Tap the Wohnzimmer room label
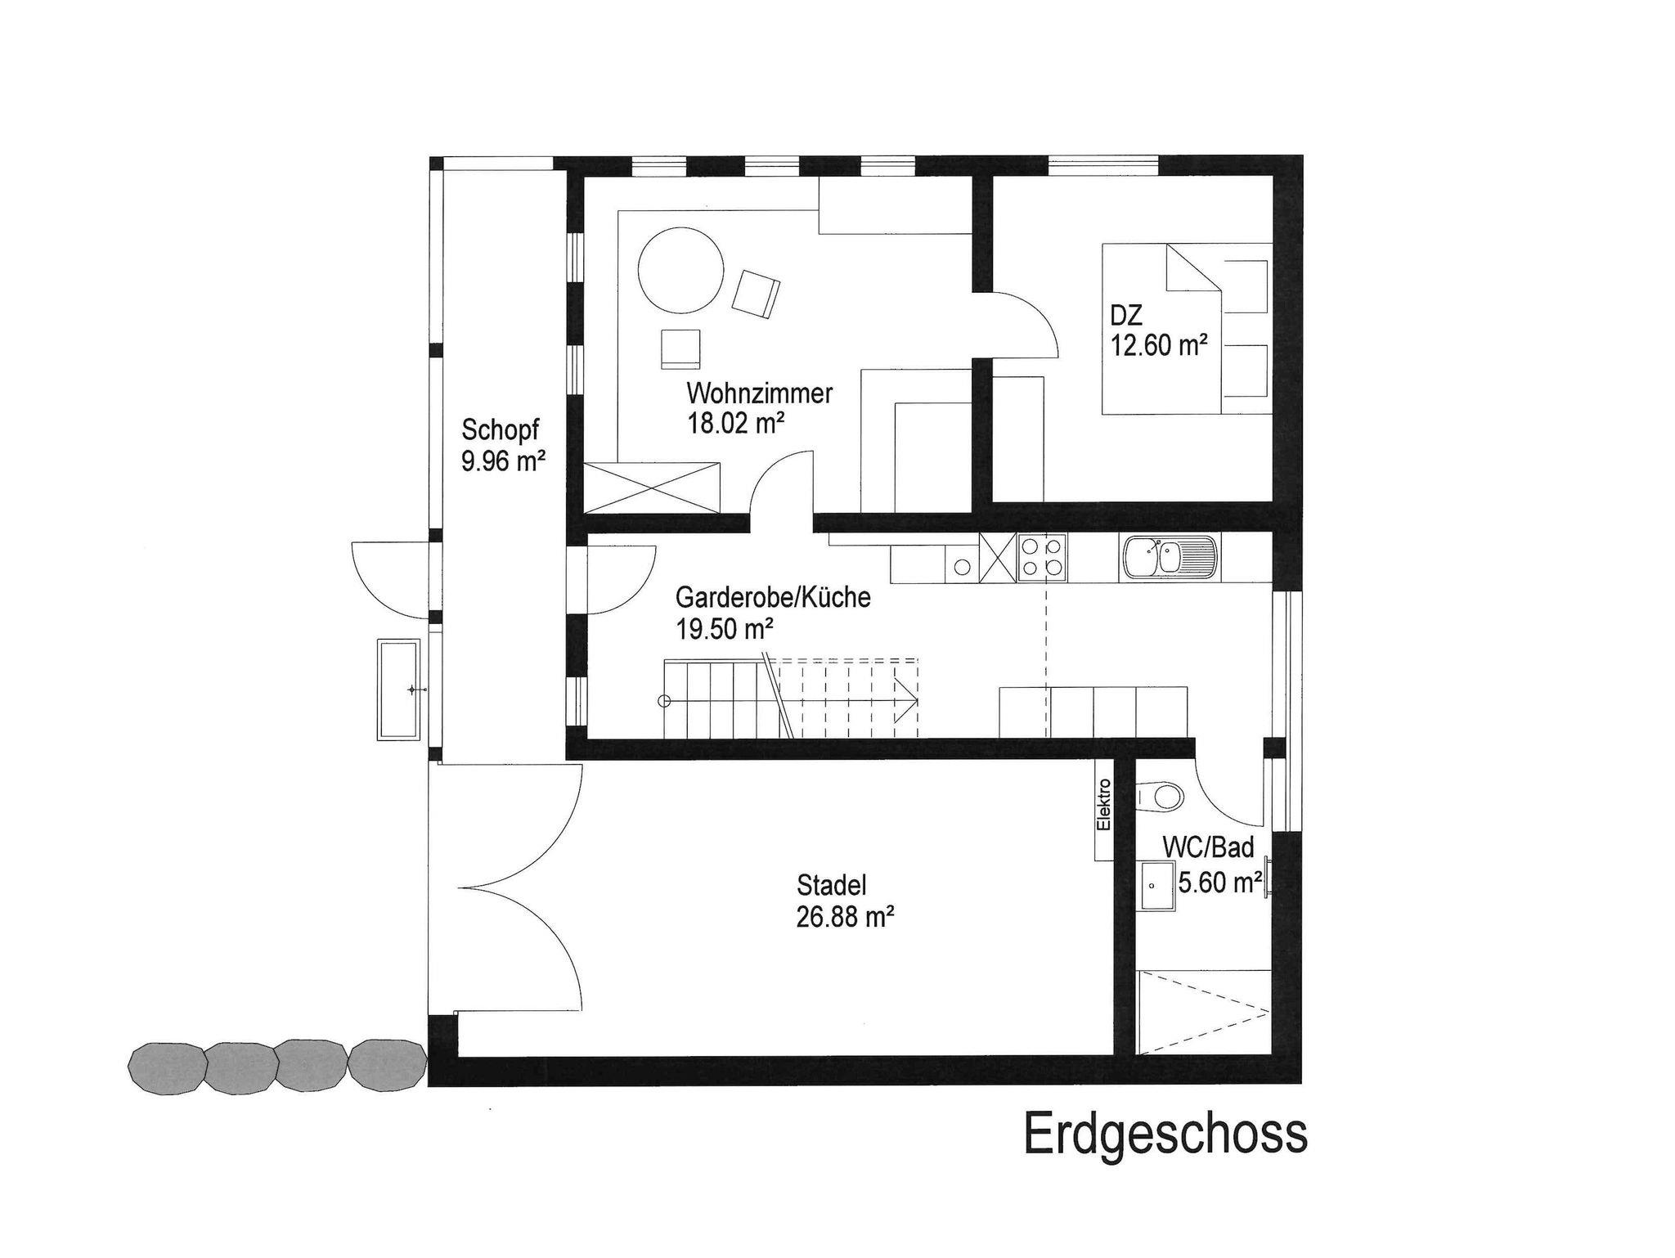tap(759, 393)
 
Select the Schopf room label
tap(501, 430)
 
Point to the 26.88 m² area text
tap(844, 916)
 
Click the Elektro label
tap(1104, 805)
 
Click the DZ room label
tap(1125, 315)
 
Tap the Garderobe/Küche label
tap(773, 597)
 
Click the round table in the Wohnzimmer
tap(680, 269)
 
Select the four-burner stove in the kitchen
tap(1043, 558)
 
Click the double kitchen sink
tap(1170, 558)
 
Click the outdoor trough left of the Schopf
tap(397, 690)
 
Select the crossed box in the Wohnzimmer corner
tap(652, 487)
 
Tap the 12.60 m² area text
tap(1159, 345)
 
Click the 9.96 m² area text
tap(503, 461)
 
